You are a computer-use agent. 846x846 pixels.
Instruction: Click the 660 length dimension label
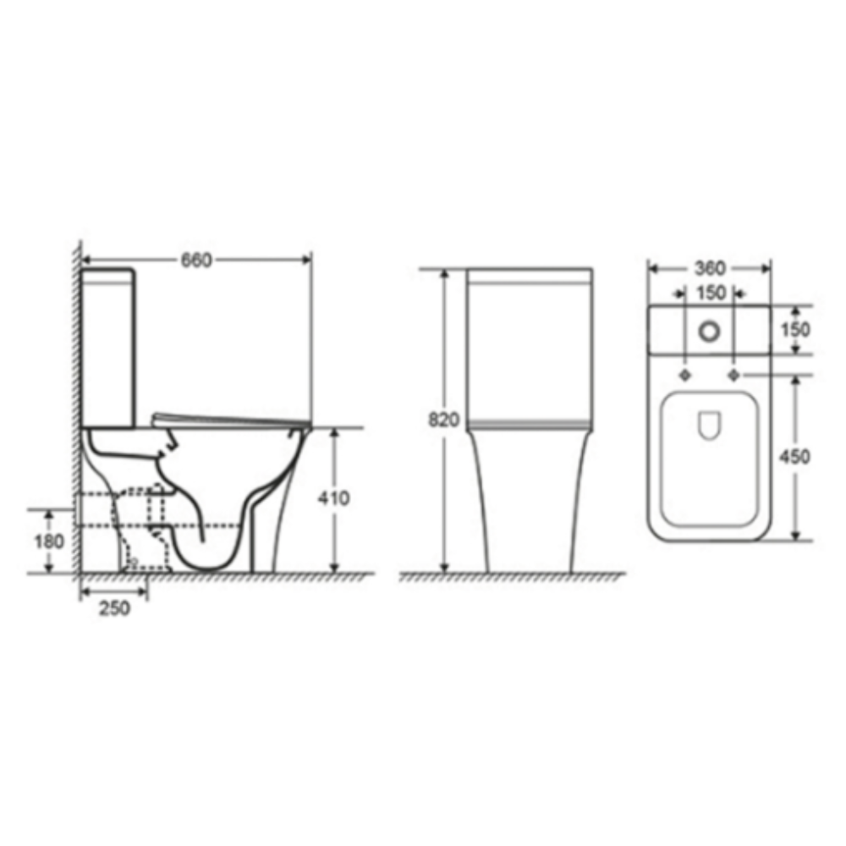tap(195, 261)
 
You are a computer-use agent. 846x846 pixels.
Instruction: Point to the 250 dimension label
tap(114, 607)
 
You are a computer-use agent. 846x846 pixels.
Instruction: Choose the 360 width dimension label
tap(710, 268)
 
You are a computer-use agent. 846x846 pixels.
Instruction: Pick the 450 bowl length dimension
tap(795, 457)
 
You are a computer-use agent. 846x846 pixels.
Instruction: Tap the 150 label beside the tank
tap(795, 329)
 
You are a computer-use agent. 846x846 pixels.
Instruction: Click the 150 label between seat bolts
tap(710, 294)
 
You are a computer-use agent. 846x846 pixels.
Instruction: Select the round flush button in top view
tap(709, 330)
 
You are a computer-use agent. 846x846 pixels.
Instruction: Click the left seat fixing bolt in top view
tap(684, 375)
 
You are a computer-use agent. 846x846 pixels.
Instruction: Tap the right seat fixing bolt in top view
tap(734, 375)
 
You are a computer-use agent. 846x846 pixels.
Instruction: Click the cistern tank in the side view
tap(107, 347)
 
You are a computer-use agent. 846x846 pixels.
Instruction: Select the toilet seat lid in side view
tap(228, 420)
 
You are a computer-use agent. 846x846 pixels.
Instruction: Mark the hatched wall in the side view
tap(74, 406)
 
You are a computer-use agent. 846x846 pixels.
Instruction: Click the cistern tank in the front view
tap(530, 347)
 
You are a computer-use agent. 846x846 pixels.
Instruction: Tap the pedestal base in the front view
tap(529, 499)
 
